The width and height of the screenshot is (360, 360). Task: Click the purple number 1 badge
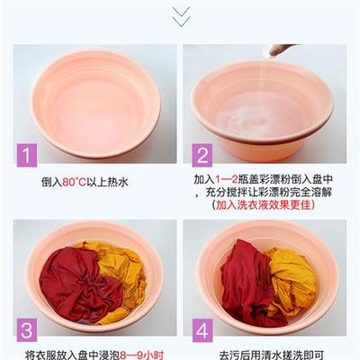27,155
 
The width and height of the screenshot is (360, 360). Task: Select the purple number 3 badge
27,328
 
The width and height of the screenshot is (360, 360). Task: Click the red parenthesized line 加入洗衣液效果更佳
265,205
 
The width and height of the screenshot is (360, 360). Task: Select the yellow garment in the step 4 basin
292,279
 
